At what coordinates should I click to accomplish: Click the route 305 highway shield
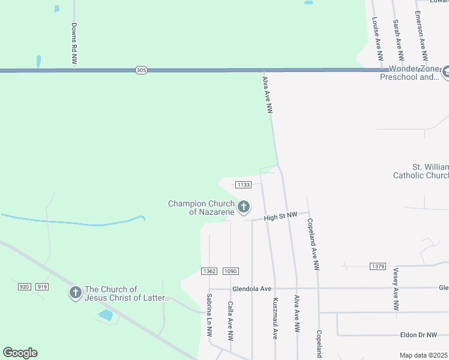coord(140,70)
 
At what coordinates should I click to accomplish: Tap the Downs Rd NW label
coord(74,43)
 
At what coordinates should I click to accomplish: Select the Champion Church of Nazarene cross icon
coord(243,208)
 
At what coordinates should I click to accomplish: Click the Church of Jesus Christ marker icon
coord(75,293)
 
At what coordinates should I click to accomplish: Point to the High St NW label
coord(280,215)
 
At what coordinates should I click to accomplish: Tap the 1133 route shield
coord(243,184)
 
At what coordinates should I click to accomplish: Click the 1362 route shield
coord(209,271)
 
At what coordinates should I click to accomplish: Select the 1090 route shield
coord(231,271)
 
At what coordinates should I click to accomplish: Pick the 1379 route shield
coord(378,266)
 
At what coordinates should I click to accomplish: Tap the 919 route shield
coord(41,287)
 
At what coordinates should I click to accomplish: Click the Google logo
coord(20,353)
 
